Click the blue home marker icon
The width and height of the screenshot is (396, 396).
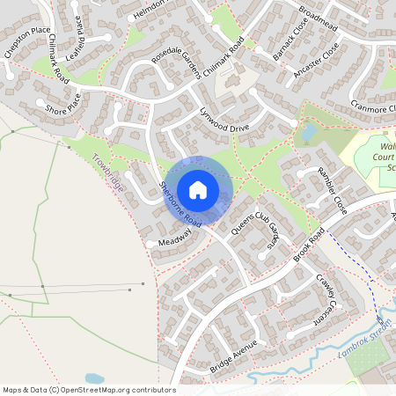198,189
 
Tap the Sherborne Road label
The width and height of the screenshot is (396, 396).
181,205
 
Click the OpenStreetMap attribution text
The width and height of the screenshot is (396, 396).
88,389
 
